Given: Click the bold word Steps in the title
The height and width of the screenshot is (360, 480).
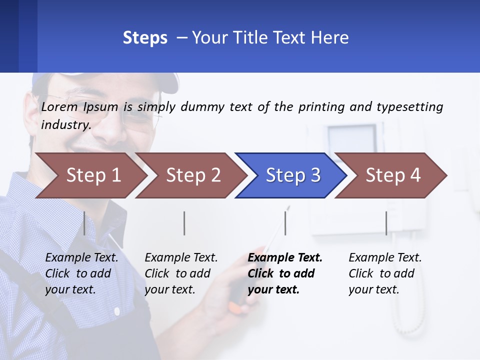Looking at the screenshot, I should (x=145, y=38).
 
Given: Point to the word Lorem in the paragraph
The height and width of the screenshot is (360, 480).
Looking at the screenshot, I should (x=59, y=106).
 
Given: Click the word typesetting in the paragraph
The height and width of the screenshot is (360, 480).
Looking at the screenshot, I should (x=409, y=107).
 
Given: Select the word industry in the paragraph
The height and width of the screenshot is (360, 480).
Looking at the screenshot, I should (x=65, y=124).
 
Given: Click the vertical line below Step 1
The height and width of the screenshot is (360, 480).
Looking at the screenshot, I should (x=84, y=223).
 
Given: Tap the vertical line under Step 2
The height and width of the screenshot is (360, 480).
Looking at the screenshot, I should (x=184, y=223).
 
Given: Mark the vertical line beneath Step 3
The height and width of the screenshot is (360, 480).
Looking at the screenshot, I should (x=285, y=223).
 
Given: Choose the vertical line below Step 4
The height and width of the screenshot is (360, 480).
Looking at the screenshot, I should (x=386, y=223).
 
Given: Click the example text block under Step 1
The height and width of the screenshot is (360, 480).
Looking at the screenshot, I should (x=81, y=273).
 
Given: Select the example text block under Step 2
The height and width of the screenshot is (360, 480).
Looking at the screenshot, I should (x=181, y=273).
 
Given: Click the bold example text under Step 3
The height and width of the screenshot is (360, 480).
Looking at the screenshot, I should (x=285, y=273).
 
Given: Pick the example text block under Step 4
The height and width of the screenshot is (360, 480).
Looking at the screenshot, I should (x=385, y=273).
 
